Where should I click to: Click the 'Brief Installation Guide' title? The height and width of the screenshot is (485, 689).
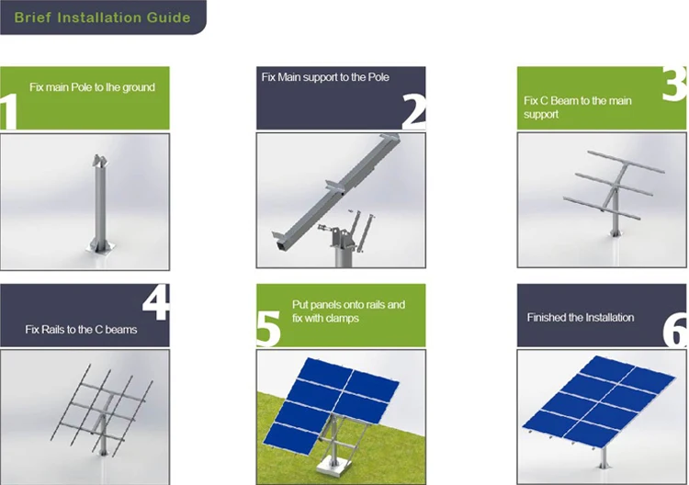(102, 17)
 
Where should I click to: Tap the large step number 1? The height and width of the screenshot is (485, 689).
(9, 111)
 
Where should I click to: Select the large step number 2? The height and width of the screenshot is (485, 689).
(413, 112)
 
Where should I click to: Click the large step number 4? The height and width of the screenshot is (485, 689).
(156, 303)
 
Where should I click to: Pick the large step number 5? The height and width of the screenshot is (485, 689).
(268, 328)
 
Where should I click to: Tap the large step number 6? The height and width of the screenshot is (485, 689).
(675, 331)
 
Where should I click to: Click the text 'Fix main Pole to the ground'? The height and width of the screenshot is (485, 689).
(92, 87)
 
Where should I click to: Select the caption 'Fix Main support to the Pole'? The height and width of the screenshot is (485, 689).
(325, 77)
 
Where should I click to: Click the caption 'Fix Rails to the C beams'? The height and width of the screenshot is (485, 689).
(81, 330)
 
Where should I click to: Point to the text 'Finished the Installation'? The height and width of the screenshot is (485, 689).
(581, 317)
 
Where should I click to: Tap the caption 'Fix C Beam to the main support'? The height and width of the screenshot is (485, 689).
(578, 107)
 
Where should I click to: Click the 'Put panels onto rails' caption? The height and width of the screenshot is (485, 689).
(348, 304)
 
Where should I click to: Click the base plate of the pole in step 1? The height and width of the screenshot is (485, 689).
(101, 249)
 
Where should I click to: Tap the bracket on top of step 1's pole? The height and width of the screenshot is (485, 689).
(100, 161)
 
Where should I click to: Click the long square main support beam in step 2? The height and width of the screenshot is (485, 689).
(336, 193)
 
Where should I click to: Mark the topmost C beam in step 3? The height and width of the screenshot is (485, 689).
(626, 162)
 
